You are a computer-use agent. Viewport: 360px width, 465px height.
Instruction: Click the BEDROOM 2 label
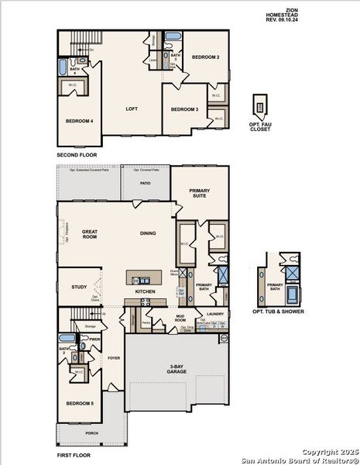click(206, 57)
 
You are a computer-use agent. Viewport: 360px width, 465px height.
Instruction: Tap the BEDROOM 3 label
click(185, 109)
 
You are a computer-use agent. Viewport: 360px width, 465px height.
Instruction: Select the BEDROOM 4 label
click(79, 121)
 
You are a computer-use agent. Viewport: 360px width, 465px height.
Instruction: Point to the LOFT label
click(132, 109)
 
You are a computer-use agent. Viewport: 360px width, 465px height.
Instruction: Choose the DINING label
click(148, 232)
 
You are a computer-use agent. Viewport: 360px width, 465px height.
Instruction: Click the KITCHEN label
click(146, 291)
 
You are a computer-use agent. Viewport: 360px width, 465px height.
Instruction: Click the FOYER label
click(114, 358)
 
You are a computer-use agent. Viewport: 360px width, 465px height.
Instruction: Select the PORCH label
click(92, 433)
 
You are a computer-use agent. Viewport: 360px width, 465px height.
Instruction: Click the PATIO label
click(145, 184)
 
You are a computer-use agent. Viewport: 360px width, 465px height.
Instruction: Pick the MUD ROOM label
click(180, 318)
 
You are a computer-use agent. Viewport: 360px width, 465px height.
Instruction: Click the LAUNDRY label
click(215, 314)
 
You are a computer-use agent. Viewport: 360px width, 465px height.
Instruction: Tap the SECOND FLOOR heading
click(76, 155)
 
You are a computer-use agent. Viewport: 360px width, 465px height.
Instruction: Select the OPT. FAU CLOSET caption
click(260, 126)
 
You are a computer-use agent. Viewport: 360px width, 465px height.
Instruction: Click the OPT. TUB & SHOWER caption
click(277, 312)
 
